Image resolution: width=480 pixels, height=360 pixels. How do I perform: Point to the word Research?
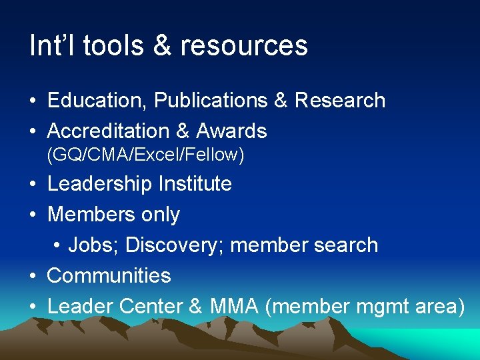339,101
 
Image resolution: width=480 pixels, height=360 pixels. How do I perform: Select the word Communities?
109,275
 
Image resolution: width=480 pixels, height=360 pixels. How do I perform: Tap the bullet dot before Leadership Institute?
32,185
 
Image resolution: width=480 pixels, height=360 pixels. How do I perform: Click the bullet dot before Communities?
32,276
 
